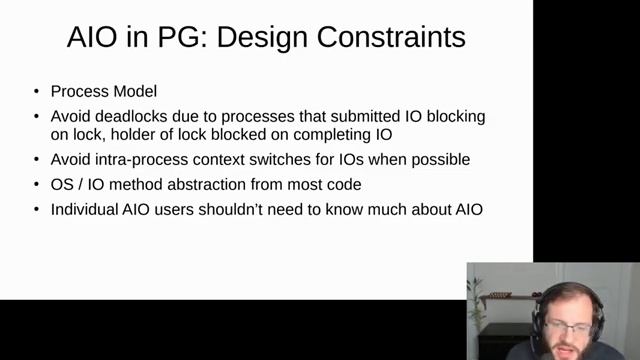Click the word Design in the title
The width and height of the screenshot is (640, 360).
(263, 39)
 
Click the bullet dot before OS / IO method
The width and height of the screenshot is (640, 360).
(36, 185)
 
